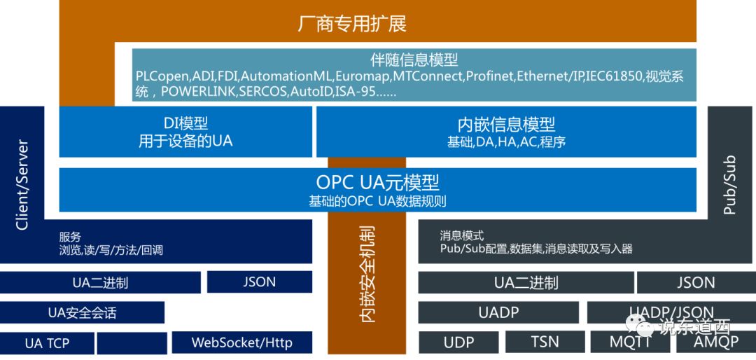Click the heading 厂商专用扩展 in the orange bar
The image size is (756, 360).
[351, 23]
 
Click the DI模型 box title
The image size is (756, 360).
[185, 124]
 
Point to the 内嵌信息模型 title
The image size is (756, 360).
[506, 125]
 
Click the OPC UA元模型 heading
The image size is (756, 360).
[377, 183]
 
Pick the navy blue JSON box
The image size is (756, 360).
[260, 282]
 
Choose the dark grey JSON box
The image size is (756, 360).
[696, 282]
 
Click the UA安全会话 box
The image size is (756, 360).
[82, 312]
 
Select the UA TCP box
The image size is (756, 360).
[47, 342]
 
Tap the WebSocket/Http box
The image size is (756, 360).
[241, 342]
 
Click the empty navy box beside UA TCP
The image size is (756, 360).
[132, 342]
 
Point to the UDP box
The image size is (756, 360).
[458, 342]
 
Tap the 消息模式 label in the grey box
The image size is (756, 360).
[462, 236]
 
